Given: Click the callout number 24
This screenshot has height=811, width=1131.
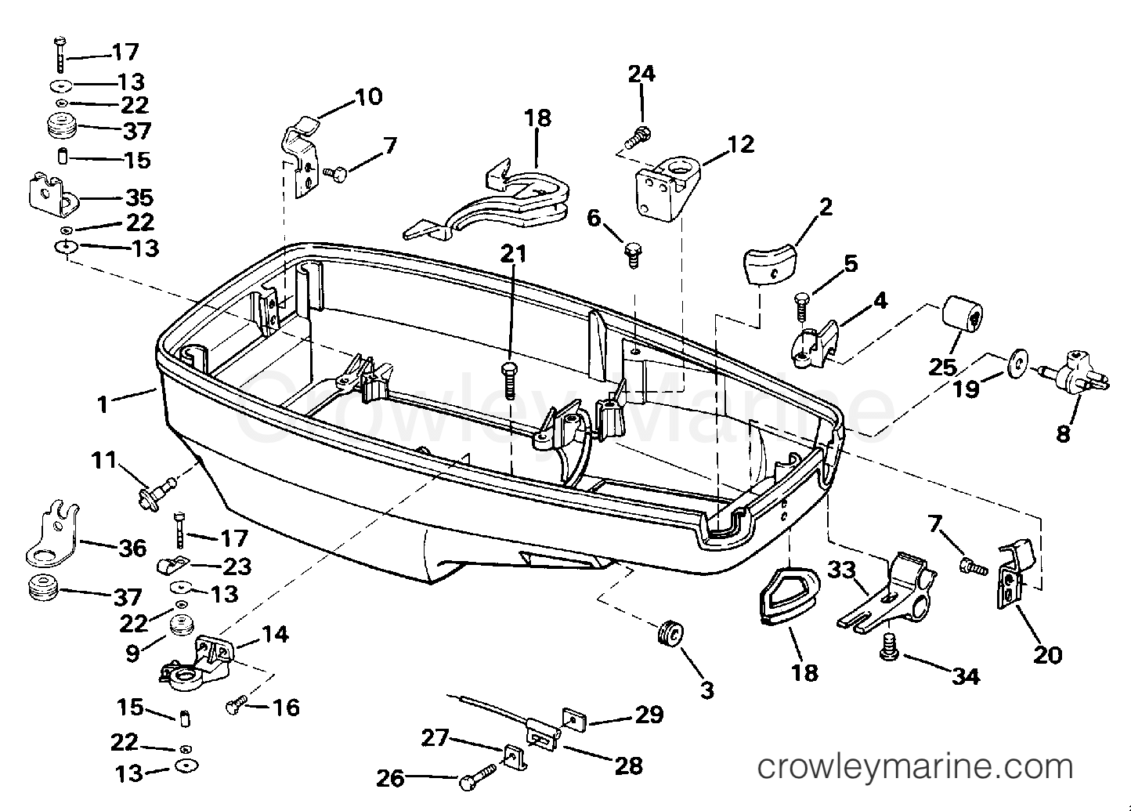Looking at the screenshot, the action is click(641, 74).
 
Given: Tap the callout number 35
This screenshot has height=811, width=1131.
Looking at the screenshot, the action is click(139, 197).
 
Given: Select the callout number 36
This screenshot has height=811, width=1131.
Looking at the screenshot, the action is click(132, 548).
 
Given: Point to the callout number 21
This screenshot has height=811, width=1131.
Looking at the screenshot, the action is click(514, 254).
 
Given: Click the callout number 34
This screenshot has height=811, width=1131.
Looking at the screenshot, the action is click(966, 676).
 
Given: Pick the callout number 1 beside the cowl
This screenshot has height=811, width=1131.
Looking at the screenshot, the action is click(103, 404).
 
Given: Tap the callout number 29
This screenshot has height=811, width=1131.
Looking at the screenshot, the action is click(649, 714).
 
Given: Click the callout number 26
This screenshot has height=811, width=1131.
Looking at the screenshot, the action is click(390, 778).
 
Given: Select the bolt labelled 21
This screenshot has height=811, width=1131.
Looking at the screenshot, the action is click(509, 380).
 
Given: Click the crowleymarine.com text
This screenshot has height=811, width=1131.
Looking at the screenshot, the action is click(915, 767).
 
